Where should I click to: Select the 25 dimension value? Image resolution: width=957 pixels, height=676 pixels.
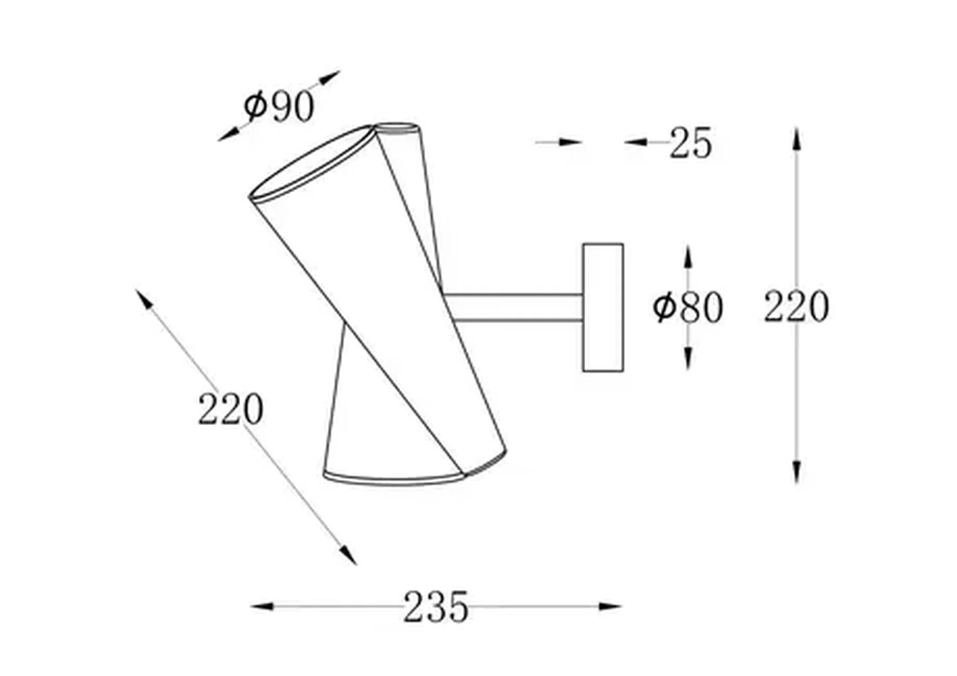click(690, 143)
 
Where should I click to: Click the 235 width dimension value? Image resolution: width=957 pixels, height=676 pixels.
click(436, 606)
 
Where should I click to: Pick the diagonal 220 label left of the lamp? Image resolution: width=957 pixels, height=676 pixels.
click(230, 409)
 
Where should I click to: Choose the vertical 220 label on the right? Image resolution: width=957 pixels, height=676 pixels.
click(796, 306)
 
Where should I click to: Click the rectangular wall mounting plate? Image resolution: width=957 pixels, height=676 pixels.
click(603, 307)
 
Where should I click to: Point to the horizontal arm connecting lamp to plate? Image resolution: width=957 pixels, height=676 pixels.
click(515, 308)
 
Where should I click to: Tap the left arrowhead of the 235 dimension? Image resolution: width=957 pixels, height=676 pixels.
click(262, 606)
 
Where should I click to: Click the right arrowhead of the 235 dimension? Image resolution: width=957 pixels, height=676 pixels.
click(610, 606)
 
